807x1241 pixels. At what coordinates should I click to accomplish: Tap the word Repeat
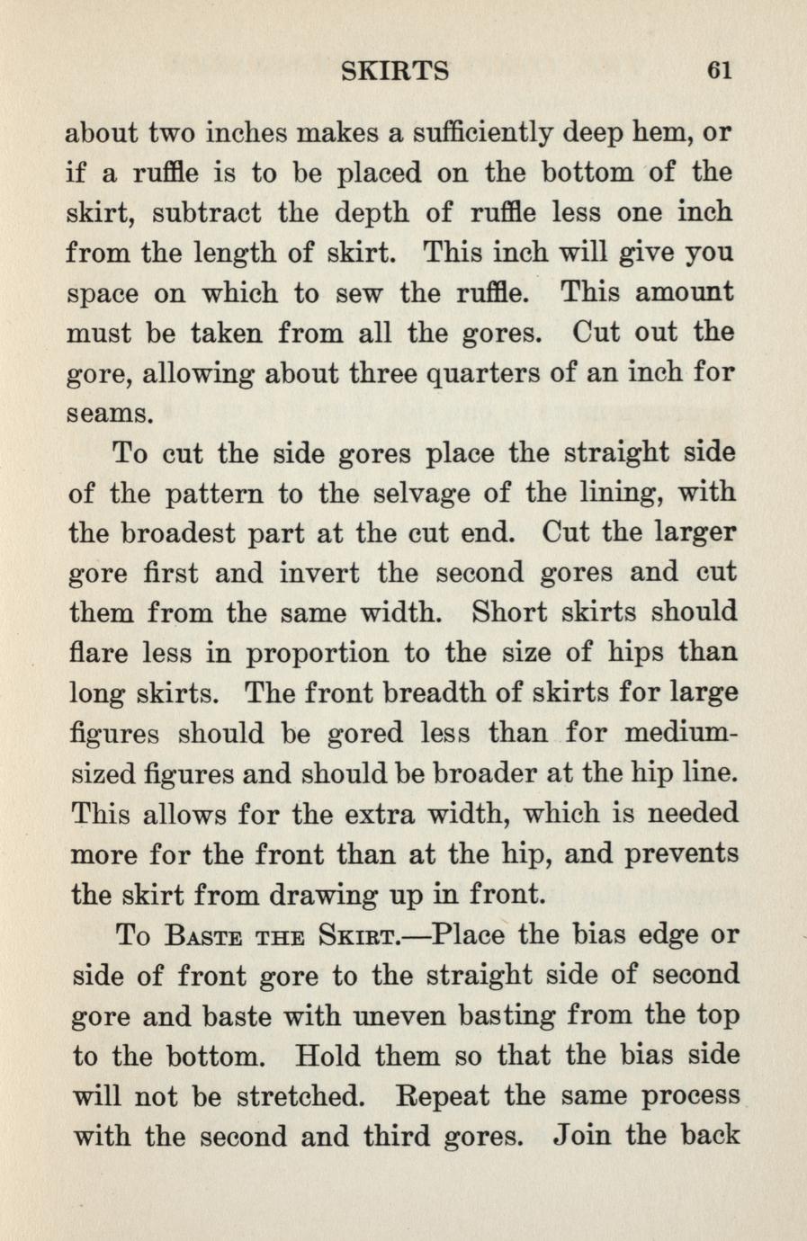point(443,1095)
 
